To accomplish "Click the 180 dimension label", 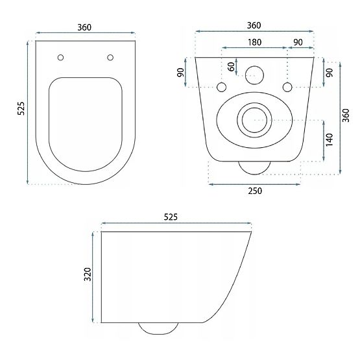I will (x=254, y=42).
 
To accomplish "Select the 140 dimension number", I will (x=330, y=139).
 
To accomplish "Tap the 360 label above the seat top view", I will (x=84, y=27).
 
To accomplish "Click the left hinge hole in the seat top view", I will (x=60, y=56).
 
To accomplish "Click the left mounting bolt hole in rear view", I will (x=221, y=87).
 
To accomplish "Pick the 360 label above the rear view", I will (x=254, y=25).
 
